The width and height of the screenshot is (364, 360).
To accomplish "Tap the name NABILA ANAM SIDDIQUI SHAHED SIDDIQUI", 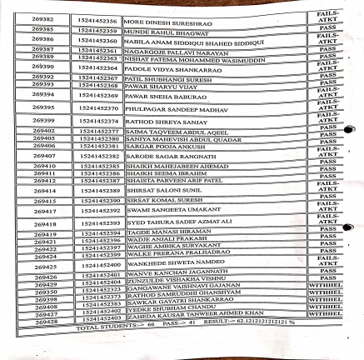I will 194,41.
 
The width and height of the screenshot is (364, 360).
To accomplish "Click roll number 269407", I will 44,155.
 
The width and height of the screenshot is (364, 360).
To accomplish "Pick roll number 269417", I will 44,212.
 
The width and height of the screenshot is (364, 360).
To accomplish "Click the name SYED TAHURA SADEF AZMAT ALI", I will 178,223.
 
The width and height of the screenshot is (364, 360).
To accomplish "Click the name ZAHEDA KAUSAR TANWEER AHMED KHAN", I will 195,316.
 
